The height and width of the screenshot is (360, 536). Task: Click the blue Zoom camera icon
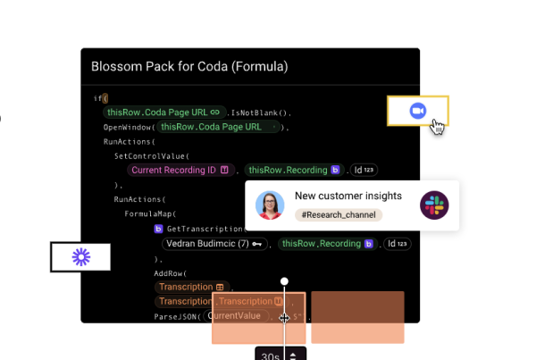pyautogui.click(x=417, y=110)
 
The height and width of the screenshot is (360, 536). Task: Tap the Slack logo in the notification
pyautogui.click(x=434, y=205)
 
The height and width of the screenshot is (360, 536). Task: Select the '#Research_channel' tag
pyautogui.click(x=338, y=215)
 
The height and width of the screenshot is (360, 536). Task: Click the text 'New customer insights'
pyautogui.click(x=348, y=196)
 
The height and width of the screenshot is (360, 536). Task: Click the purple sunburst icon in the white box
pyautogui.click(x=81, y=257)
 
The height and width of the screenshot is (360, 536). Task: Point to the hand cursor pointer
pyautogui.click(x=437, y=126)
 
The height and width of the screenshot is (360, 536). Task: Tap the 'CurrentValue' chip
pyautogui.click(x=235, y=315)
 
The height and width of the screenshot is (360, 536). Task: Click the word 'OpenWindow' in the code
pyautogui.click(x=128, y=127)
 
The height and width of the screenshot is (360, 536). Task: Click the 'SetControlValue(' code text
pyautogui.click(x=151, y=155)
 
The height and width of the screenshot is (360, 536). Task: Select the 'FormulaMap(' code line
pyautogui.click(x=150, y=213)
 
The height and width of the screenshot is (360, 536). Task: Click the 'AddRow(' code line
pyautogui.click(x=170, y=272)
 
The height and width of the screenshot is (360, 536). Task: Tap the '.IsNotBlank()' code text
pyautogui.click(x=259, y=113)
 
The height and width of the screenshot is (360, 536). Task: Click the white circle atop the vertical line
pyautogui.click(x=285, y=281)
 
